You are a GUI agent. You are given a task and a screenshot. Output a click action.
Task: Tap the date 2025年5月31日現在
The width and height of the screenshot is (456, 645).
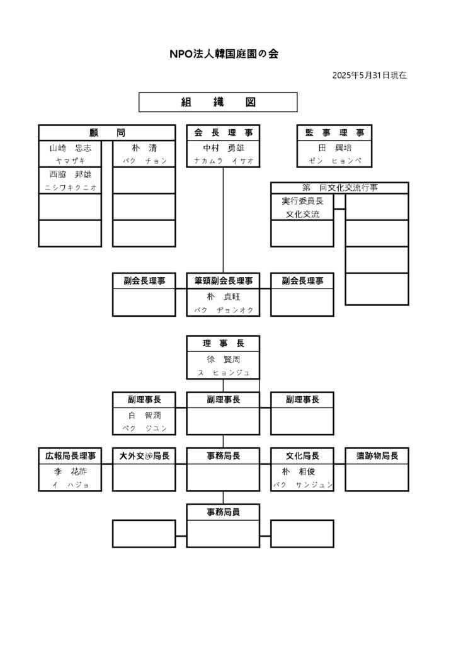(x=369, y=76)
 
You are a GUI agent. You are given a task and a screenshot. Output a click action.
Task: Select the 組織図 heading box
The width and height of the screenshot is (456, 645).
(x=217, y=102)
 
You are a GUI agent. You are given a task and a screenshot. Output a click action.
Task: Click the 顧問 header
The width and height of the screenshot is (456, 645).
(x=106, y=133)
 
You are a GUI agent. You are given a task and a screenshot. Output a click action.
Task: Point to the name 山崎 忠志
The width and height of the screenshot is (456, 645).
(x=70, y=148)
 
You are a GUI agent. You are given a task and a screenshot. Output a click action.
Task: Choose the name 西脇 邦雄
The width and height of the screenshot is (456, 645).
(x=70, y=174)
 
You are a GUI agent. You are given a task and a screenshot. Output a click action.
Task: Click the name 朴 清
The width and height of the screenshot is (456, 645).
(x=144, y=148)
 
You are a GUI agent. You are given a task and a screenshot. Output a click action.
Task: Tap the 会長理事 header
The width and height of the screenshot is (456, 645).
(x=223, y=133)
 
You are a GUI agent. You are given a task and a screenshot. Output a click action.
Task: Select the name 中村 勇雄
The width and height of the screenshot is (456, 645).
(x=223, y=148)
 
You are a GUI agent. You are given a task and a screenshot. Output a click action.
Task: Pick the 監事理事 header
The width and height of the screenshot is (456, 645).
(x=334, y=133)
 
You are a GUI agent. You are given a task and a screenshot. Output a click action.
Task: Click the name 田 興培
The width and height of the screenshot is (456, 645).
(x=334, y=148)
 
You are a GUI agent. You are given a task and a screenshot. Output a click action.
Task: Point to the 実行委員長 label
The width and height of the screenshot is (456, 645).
(x=302, y=202)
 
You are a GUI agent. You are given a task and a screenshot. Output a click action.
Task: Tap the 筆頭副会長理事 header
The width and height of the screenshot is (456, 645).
(x=223, y=281)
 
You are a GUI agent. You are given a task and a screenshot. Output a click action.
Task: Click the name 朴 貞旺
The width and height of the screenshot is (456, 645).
(x=223, y=296)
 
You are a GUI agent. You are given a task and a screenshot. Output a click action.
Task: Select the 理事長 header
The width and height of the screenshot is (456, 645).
(x=223, y=344)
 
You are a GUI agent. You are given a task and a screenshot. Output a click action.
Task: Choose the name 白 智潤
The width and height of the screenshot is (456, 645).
(x=144, y=415)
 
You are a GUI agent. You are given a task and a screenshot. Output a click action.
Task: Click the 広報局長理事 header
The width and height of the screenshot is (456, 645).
(x=70, y=455)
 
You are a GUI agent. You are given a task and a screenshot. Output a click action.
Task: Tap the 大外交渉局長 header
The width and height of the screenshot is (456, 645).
(x=144, y=455)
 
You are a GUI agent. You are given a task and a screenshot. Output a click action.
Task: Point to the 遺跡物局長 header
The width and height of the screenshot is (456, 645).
(x=377, y=455)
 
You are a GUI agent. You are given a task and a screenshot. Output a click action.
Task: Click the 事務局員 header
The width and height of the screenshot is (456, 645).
(x=223, y=512)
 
